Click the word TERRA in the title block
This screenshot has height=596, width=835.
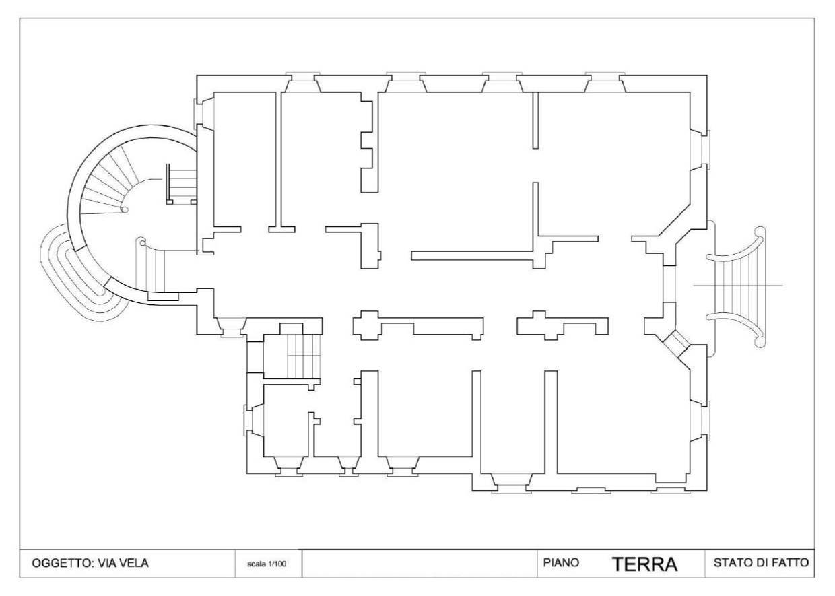(645, 564)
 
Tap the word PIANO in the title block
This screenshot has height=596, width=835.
(561, 562)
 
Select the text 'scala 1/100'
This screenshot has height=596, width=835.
(267, 564)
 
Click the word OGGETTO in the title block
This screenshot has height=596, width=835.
(62, 563)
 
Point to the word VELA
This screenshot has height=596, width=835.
(134, 563)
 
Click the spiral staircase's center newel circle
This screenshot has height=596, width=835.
(125, 210)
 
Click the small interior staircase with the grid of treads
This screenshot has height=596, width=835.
(304, 356)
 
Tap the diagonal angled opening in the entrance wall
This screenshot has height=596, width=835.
(677, 342)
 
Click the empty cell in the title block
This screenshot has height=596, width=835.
(420, 564)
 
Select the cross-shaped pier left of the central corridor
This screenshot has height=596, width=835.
(368, 325)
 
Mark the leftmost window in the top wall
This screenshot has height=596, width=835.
(302, 82)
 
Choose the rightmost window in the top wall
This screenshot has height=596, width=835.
(605, 82)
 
